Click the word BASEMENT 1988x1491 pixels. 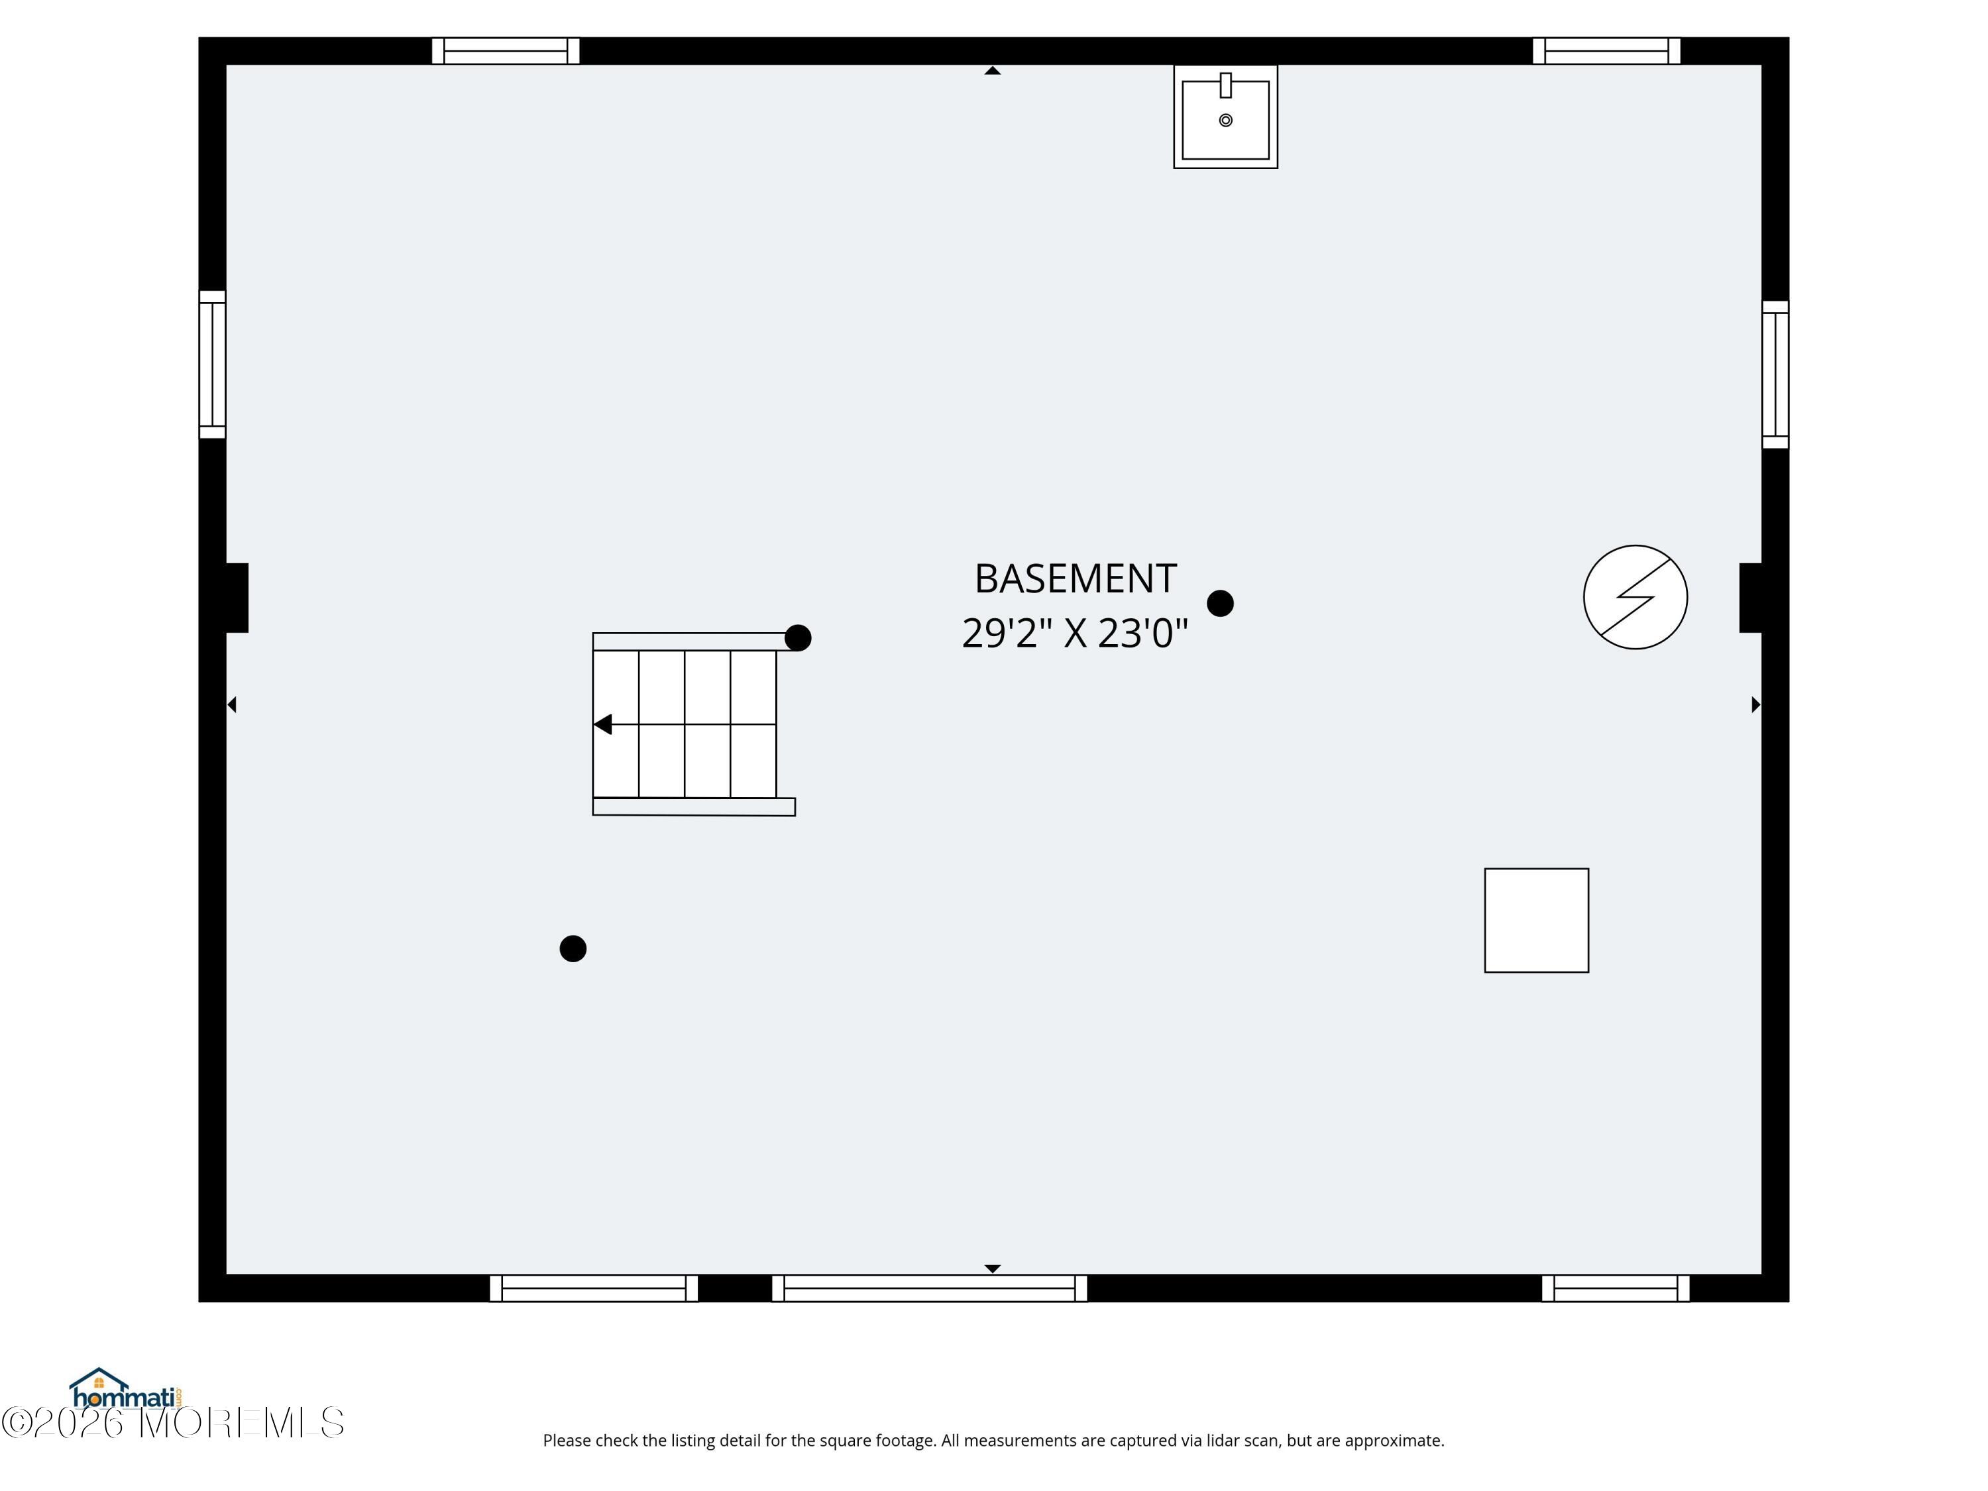point(1075,579)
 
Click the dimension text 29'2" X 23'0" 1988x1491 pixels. point(1075,633)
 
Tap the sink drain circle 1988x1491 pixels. point(1225,121)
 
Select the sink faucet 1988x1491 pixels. point(1225,85)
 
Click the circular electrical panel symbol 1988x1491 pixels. point(1635,597)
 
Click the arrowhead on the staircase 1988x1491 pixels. point(603,724)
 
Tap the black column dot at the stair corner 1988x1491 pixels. point(797,638)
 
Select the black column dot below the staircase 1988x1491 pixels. point(573,948)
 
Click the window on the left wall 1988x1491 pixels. point(212,364)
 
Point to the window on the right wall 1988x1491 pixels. point(1775,374)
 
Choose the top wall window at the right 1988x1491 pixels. point(1606,51)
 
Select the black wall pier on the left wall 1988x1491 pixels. point(237,598)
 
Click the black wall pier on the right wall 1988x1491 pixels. point(1751,598)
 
